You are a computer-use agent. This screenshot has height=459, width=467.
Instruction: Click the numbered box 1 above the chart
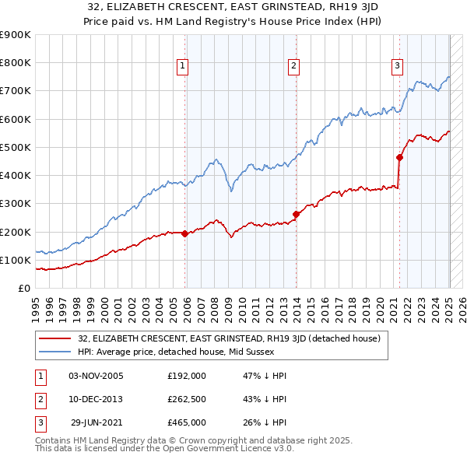(x=181, y=67)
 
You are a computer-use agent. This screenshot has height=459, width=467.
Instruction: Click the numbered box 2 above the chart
(x=293, y=67)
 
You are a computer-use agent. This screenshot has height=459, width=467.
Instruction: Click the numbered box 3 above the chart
(x=397, y=67)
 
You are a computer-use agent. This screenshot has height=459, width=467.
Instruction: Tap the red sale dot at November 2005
(x=184, y=233)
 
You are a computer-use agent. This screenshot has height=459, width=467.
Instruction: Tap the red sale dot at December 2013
(x=296, y=214)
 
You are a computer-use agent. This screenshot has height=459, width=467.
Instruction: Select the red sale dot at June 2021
(x=400, y=157)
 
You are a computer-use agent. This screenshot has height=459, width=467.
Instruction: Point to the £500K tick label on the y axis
(x=16, y=147)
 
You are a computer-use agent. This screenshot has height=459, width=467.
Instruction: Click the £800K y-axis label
(x=16, y=63)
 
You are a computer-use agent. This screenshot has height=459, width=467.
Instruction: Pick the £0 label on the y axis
(x=23, y=288)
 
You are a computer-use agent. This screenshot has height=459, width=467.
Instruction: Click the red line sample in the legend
(x=55, y=338)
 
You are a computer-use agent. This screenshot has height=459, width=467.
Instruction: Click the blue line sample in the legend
(x=55, y=352)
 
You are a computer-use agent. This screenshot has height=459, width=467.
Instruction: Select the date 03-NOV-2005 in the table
(x=97, y=376)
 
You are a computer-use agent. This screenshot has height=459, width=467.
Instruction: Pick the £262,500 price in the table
(x=187, y=399)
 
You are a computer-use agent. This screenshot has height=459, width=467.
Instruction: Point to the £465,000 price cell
(x=187, y=422)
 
